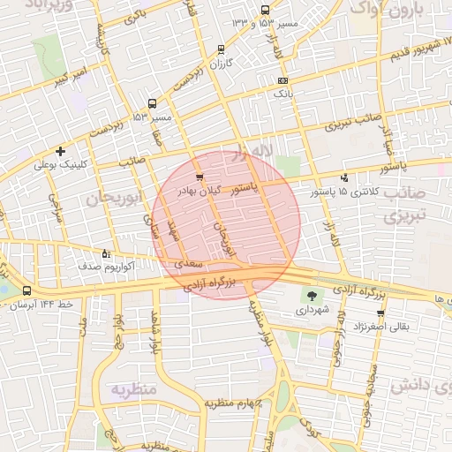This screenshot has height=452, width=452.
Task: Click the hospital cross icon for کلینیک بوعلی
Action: (60, 151)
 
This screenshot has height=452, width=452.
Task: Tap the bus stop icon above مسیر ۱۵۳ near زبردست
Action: (153, 103)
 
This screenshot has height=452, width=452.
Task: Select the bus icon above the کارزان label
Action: (220, 49)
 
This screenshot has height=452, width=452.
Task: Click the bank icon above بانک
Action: (282, 80)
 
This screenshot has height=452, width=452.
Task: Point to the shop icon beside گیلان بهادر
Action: (200, 177)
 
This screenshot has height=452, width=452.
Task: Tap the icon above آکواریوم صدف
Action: (106, 253)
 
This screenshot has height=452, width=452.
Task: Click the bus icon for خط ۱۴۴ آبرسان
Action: (26, 290)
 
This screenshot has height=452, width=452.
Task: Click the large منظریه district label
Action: (132, 388)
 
